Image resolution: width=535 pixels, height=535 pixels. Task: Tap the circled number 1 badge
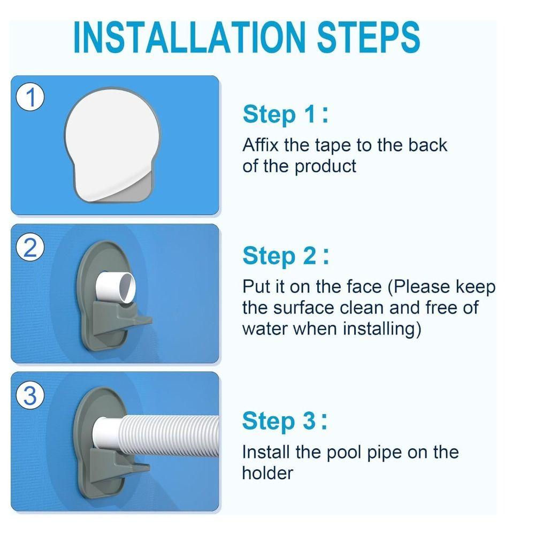[30, 98]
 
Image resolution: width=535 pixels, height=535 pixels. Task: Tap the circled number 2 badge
[30, 248]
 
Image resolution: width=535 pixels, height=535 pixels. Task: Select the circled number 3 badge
[30, 396]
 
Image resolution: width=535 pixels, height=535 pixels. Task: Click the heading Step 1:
[285, 114]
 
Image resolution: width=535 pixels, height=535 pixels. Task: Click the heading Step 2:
[285, 256]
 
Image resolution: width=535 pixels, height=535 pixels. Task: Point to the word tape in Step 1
[335, 145]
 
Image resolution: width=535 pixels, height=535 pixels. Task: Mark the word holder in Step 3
[267, 472]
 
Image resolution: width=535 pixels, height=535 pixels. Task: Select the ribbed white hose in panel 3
[171, 431]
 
